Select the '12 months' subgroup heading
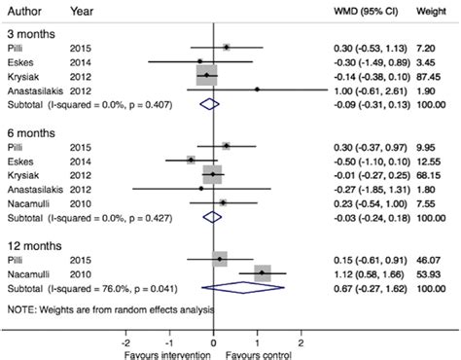pyautogui.click(x=34, y=245)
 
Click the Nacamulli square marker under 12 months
pyautogui.click(x=263, y=274)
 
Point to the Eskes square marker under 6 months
pyautogui.click(x=192, y=160)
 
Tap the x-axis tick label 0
pyautogui.click(x=214, y=343)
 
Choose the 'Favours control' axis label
pyautogui.click(x=258, y=354)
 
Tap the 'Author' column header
pyautogui.click(x=25, y=9)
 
